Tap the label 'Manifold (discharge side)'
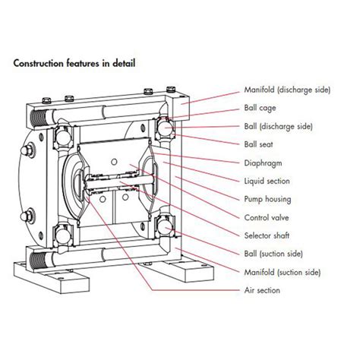(x=287, y=90)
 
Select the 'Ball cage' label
(x=259, y=108)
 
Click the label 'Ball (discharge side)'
(x=279, y=126)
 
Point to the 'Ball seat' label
(x=259, y=144)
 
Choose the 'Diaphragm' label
(x=261, y=163)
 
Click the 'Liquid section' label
(x=267, y=181)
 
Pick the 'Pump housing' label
(x=268, y=199)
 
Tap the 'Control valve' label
(x=266, y=217)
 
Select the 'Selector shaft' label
(x=267, y=235)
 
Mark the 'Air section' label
(x=263, y=290)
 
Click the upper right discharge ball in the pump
(x=166, y=130)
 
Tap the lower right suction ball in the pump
(x=166, y=226)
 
